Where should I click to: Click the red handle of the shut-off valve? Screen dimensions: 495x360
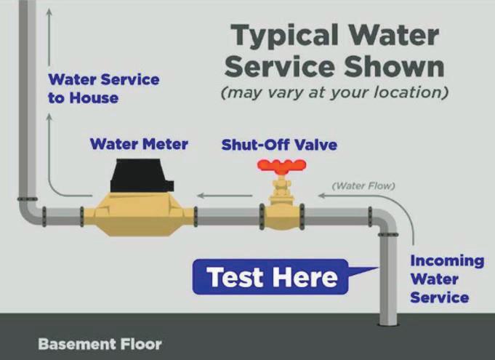pyautogui.click(x=279, y=167)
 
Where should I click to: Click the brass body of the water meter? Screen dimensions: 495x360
pyautogui.click(x=138, y=214)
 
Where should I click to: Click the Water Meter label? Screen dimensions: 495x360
pyautogui.click(x=139, y=144)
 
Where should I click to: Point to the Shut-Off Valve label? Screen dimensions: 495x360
pyautogui.click(x=279, y=145)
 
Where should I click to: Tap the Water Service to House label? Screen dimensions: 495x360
pyautogui.click(x=103, y=88)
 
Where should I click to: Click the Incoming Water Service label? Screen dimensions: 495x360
pyautogui.click(x=446, y=279)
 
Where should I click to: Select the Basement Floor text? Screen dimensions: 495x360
pyautogui.click(x=100, y=343)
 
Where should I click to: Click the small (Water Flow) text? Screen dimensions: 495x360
pyautogui.click(x=363, y=186)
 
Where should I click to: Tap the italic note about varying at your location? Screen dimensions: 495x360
pyautogui.click(x=335, y=94)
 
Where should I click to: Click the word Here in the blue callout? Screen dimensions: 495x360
pyautogui.click(x=305, y=277)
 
